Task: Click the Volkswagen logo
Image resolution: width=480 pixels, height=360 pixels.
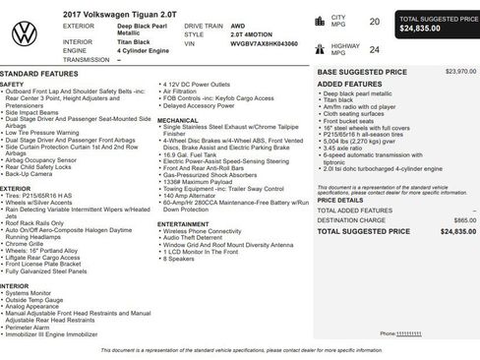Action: point(25,33)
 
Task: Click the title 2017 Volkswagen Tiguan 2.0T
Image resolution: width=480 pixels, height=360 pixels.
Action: point(109,13)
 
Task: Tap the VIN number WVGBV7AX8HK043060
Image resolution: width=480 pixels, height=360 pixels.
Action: point(263,44)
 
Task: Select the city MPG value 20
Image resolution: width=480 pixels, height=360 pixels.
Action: point(374,20)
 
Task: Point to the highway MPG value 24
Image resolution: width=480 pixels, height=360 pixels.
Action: point(374,48)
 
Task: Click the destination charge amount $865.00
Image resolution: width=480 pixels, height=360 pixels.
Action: point(457,219)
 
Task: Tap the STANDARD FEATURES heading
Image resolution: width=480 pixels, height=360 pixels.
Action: point(39,74)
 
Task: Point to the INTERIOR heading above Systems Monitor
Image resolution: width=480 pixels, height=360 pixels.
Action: point(15,285)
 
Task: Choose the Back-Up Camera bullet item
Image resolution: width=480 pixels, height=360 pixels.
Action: point(36,172)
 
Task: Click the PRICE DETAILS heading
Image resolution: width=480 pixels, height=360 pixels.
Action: point(339,199)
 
